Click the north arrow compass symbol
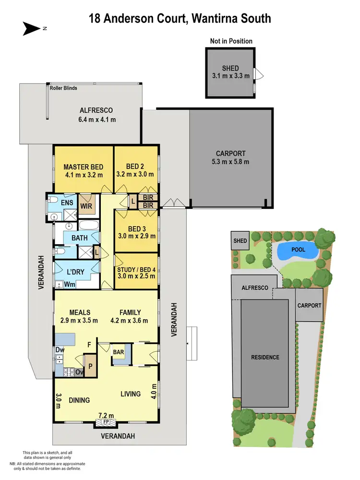[x=32, y=28]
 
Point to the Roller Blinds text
[x=64, y=88]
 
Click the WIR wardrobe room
[x=86, y=206]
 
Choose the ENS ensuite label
[x=67, y=203]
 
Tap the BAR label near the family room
[x=119, y=352]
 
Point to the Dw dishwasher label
[x=59, y=350]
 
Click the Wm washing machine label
[x=69, y=284]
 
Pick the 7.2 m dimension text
[x=106, y=415]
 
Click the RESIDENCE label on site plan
[x=265, y=357]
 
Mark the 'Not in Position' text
[x=231, y=41]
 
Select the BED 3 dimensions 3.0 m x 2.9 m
[x=136, y=236]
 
